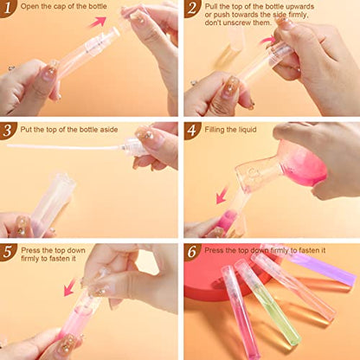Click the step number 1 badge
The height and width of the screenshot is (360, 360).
point(7,8)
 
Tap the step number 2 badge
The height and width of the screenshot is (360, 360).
point(191,8)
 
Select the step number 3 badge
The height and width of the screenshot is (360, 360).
point(7,131)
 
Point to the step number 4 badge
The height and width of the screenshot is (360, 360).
point(191,131)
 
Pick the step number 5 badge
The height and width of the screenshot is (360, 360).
point(7,252)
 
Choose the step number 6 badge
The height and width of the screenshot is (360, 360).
point(191,252)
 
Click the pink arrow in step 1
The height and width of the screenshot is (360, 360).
point(98,22)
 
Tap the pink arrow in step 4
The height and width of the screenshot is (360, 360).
point(222,195)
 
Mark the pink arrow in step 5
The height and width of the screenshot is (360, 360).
point(70,286)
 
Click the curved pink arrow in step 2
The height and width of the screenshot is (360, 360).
point(267,41)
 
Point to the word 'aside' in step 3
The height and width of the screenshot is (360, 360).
point(109,130)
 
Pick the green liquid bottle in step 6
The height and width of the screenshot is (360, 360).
point(268,303)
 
